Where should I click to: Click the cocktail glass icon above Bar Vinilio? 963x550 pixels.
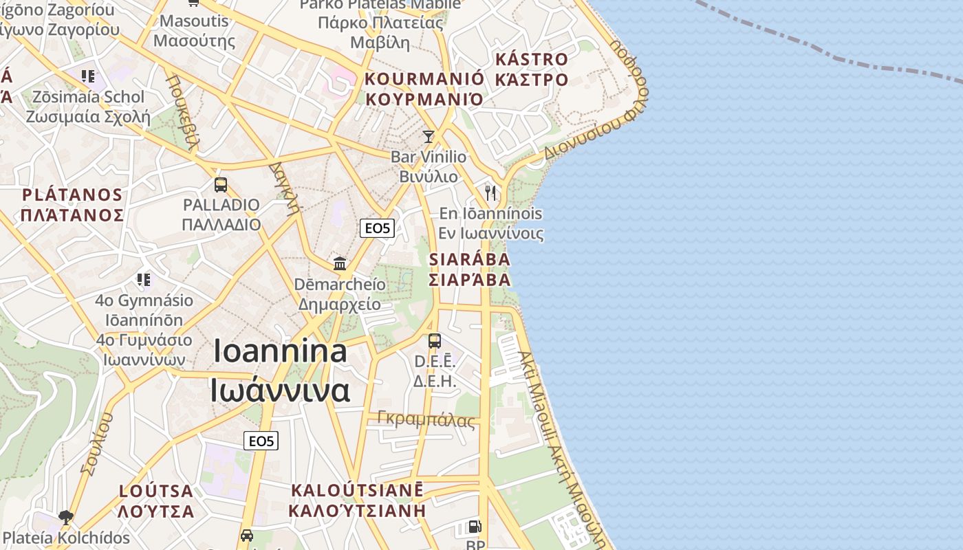point(429,137)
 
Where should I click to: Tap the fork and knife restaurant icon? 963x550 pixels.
point(490,192)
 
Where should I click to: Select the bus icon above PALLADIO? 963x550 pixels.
point(221,184)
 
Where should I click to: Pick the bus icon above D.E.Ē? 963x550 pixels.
point(435,340)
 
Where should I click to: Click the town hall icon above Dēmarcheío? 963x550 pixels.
point(340,263)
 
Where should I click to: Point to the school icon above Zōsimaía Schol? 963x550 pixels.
point(87,76)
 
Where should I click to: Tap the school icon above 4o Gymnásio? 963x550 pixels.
point(143,279)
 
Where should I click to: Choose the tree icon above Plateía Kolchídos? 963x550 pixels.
point(66,516)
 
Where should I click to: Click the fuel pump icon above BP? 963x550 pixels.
point(475,527)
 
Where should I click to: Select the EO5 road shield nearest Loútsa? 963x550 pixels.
point(261,441)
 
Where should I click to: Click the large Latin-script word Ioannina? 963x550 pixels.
point(280,351)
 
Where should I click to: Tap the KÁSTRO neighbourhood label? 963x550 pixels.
point(531,60)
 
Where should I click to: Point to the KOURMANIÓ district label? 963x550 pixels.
point(424,78)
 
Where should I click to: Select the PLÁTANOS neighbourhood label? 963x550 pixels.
point(72,195)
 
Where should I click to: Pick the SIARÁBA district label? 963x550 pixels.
point(470,260)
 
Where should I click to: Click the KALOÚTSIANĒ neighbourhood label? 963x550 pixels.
point(357,491)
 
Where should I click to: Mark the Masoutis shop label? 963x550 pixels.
point(194,21)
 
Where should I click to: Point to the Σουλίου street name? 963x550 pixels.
point(96,444)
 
